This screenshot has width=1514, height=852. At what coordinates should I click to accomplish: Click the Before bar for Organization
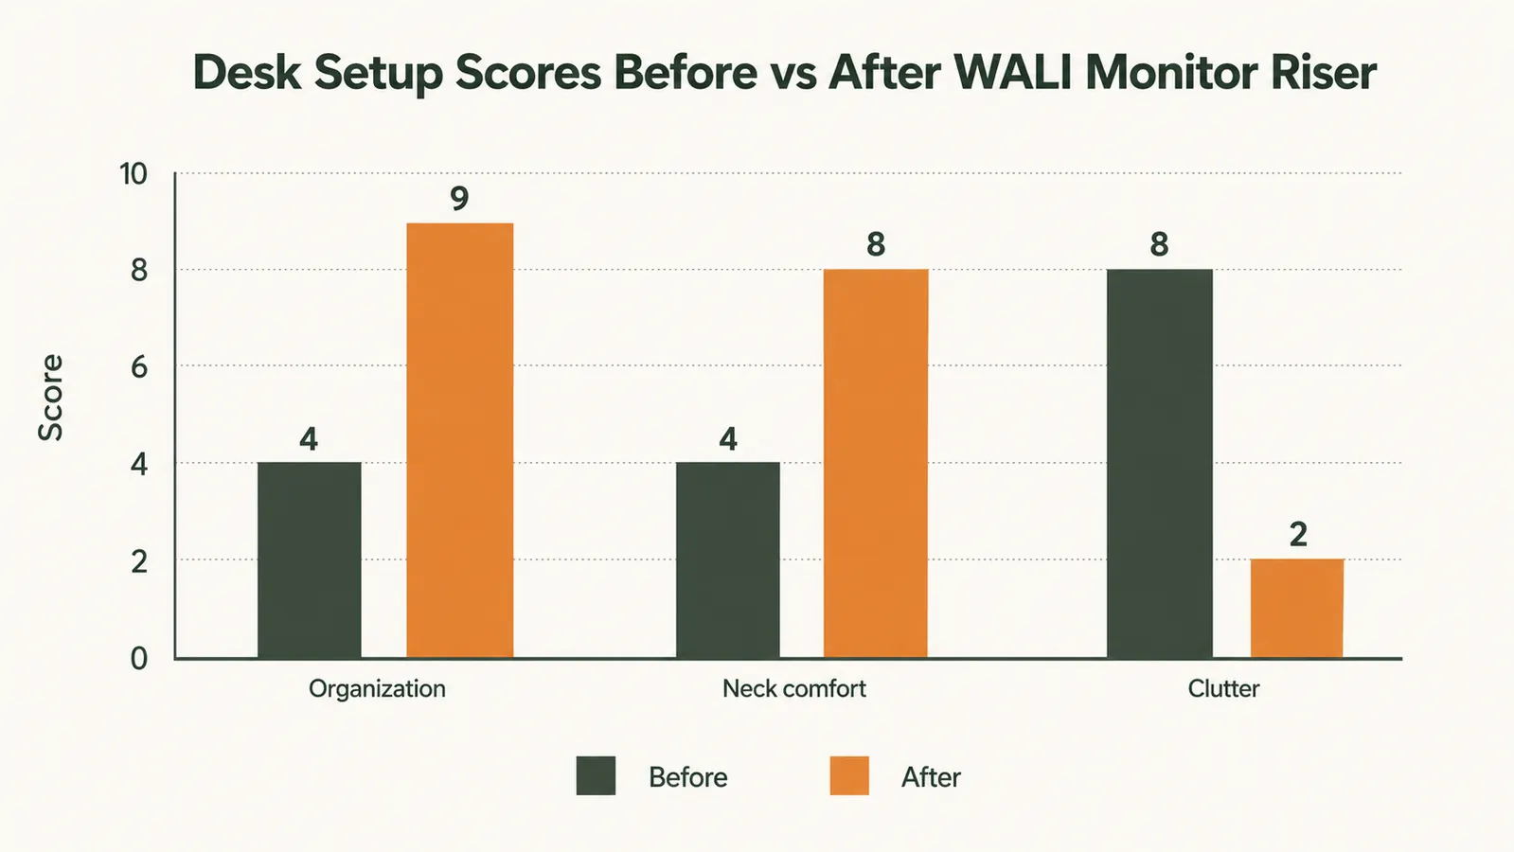310,559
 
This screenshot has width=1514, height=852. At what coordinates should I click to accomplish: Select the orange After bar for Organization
459,440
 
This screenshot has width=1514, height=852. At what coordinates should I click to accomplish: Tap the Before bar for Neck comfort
728,559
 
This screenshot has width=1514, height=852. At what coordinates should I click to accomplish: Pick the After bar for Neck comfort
876,463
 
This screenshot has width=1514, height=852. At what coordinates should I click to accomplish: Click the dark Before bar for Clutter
1160,463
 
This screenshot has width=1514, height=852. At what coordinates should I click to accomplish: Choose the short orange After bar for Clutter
1297,608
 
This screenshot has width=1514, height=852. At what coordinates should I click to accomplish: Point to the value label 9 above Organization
459,199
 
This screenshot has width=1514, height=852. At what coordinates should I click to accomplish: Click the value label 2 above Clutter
1298,535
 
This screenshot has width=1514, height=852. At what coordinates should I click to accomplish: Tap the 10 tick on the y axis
134,174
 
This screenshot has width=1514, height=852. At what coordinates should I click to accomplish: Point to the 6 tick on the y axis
139,367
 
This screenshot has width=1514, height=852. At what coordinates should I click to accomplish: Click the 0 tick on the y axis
139,659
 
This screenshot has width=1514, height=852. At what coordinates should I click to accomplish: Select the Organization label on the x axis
377,690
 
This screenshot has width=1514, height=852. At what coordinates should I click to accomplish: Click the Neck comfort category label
794,689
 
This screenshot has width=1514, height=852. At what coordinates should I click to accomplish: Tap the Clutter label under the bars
1223,689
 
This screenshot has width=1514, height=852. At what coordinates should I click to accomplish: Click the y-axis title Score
51,398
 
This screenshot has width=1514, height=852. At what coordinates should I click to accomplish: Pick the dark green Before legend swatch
597,775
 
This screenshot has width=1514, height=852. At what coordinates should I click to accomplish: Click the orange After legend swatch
849,775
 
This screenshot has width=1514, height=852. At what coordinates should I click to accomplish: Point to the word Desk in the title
247,72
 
